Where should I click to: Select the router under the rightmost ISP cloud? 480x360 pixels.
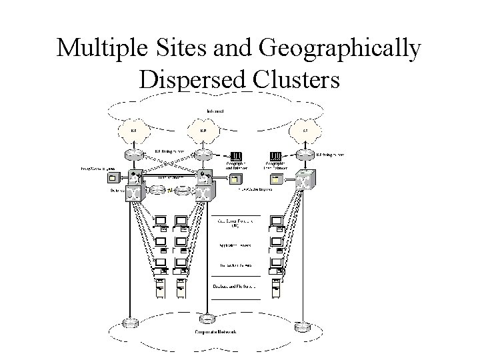click(x=305, y=155)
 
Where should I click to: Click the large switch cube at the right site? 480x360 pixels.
click(x=305, y=180)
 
